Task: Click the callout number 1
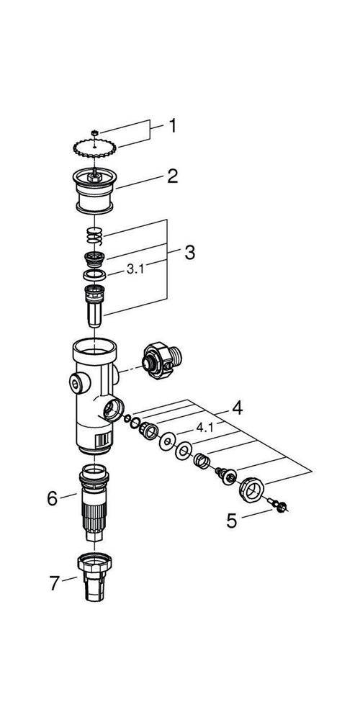click(172, 127)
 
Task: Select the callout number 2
click(172, 176)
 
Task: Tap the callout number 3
click(189, 253)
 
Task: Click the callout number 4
click(237, 408)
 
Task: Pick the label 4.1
click(205, 427)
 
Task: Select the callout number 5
click(231, 521)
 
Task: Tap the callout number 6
click(52, 498)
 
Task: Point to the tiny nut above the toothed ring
click(95, 132)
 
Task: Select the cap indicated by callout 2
click(95, 191)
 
